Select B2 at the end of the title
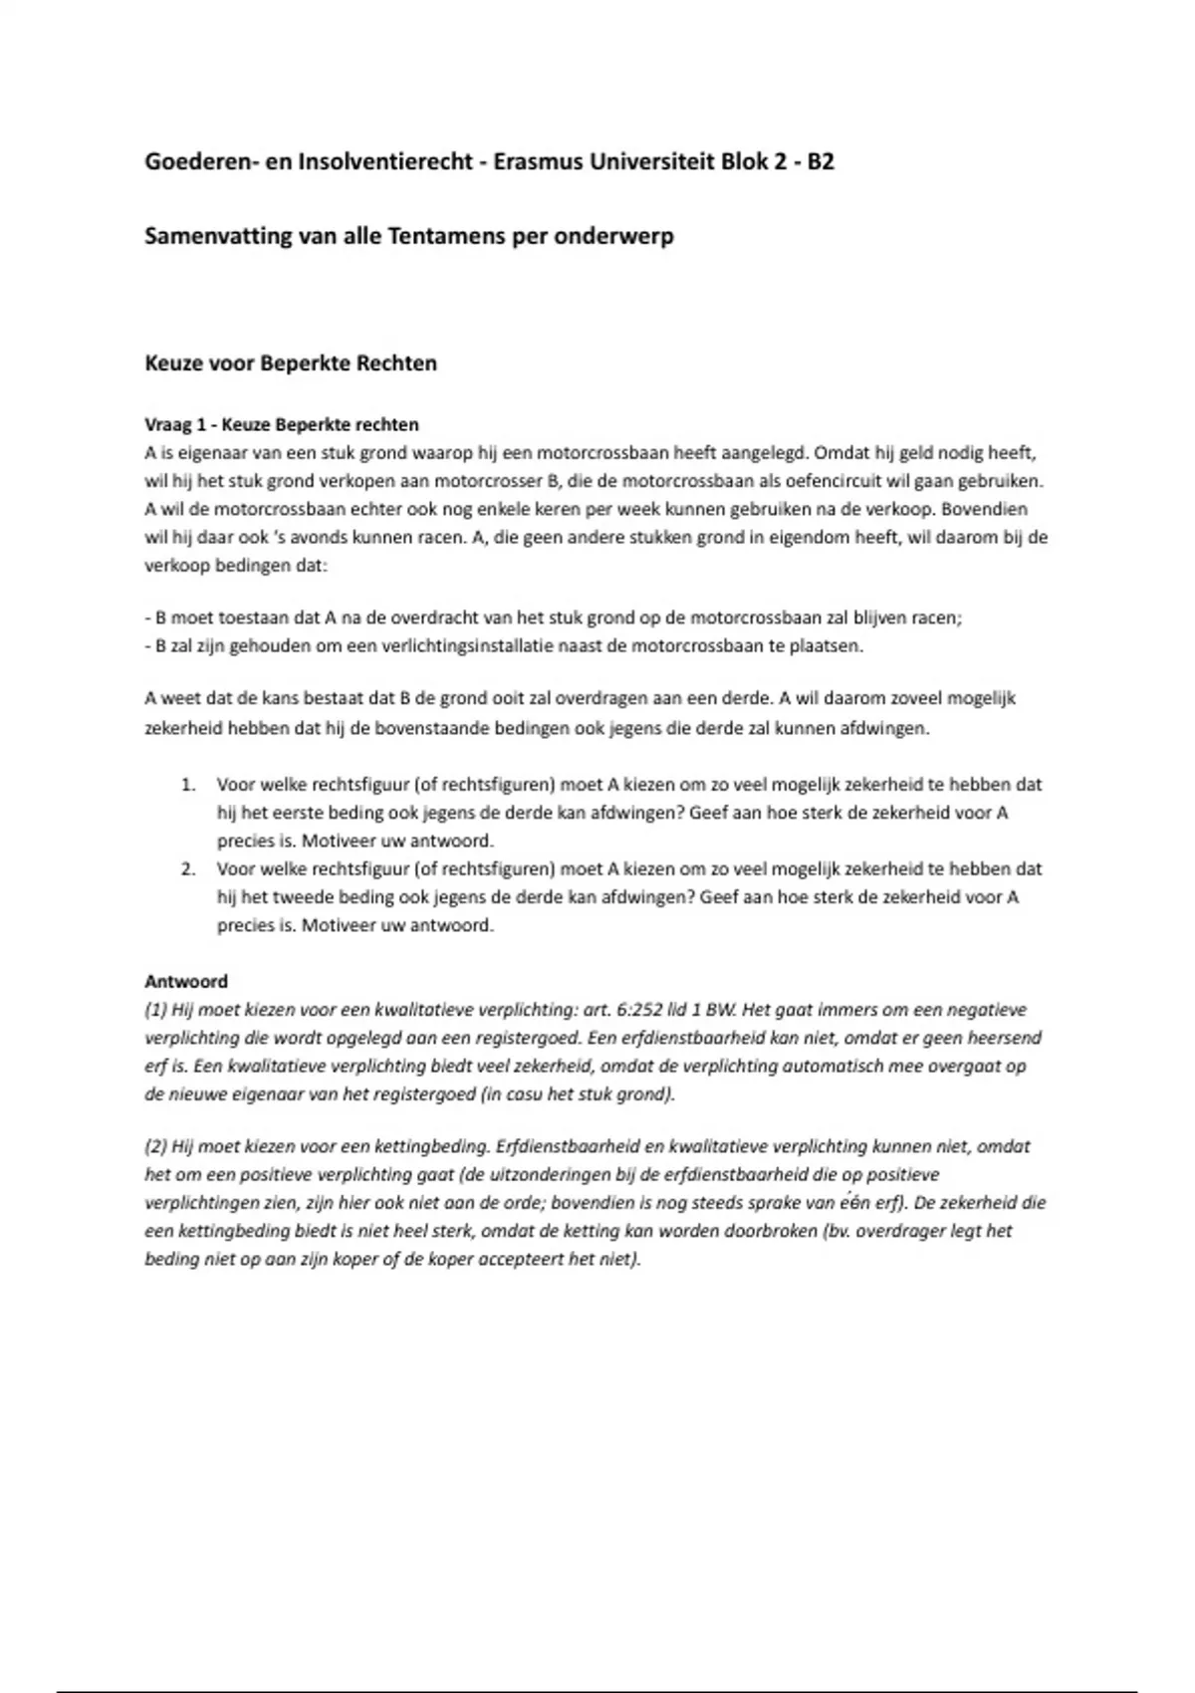820,161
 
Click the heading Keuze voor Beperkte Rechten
291,363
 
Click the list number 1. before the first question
188,785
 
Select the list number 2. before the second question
188,868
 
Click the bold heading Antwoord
186,981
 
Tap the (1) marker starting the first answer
155,1010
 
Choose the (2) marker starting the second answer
155,1146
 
